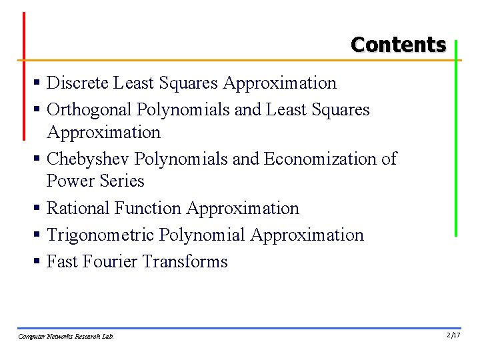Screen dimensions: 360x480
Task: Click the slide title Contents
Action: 398,45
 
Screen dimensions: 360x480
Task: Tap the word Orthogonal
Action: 89,110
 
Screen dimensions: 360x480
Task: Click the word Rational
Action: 78,209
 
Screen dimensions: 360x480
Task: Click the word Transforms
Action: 185,262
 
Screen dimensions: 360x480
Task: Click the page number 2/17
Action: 453,335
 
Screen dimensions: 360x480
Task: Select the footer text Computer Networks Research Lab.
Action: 66,337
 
